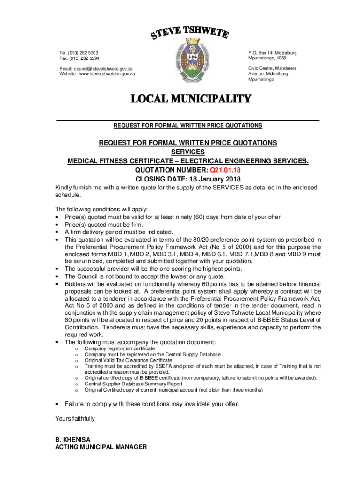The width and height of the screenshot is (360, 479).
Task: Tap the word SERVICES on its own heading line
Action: coord(187,152)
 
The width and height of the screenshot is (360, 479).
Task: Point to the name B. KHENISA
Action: coord(73,440)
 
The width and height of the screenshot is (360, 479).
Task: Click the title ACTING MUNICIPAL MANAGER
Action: coord(101,447)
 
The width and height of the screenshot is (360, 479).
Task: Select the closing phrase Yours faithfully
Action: coord(75,419)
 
